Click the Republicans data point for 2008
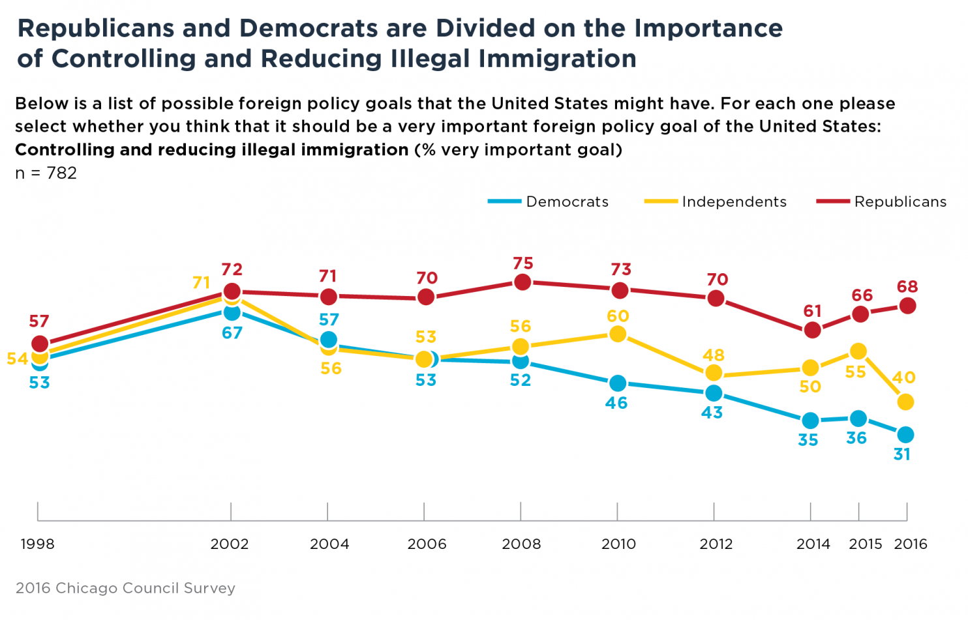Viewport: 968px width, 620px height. coord(522,282)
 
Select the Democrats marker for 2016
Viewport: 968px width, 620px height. coord(905,435)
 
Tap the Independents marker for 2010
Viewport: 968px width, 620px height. coord(617,334)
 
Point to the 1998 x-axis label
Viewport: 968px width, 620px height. coord(38,544)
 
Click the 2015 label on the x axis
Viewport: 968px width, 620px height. coord(865,544)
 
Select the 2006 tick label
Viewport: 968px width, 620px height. coord(427,544)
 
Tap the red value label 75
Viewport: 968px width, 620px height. coord(523,263)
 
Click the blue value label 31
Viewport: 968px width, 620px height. coord(902,454)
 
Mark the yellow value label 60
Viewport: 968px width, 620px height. coord(618,316)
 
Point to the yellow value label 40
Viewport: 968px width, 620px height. coord(904,377)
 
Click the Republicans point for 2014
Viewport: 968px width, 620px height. coord(812,330)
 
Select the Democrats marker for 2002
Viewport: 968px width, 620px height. coord(232,312)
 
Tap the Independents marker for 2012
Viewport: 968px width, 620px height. coord(714,372)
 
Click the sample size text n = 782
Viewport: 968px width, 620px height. coord(46,173)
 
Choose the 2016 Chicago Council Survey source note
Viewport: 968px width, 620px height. coord(125,588)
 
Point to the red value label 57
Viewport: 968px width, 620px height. coord(39,321)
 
